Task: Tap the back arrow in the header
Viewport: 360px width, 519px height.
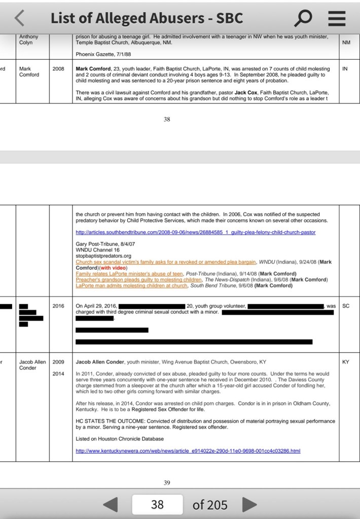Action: pos(19,18)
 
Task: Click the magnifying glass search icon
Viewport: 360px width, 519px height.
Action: pos(303,18)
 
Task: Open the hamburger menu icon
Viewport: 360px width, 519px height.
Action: pos(337,18)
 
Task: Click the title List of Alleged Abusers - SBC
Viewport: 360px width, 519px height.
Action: pos(147,18)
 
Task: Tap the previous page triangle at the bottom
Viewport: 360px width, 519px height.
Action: pos(111,505)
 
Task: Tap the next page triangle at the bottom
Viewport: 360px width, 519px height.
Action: pos(248,505)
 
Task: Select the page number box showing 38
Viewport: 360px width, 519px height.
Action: pos(157,505)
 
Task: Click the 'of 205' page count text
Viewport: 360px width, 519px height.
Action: pos(210,505)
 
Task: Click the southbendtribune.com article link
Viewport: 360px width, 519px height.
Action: pos(195,232)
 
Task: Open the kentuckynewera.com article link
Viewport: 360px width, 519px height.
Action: pos(188,451)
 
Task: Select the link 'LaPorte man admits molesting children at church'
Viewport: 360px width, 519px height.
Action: pos(132,285)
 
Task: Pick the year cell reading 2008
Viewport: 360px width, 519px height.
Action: pos(58,68)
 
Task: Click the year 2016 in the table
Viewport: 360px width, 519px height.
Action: pos(58,306)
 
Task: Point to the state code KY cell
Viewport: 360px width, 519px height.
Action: pos(346,362)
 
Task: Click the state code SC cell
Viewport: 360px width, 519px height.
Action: pos(346,306)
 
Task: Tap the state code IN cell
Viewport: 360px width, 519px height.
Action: pos(345,68)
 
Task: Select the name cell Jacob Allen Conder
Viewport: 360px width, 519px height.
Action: pos(32,365)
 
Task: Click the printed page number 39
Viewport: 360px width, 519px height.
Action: pos(167,483)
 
